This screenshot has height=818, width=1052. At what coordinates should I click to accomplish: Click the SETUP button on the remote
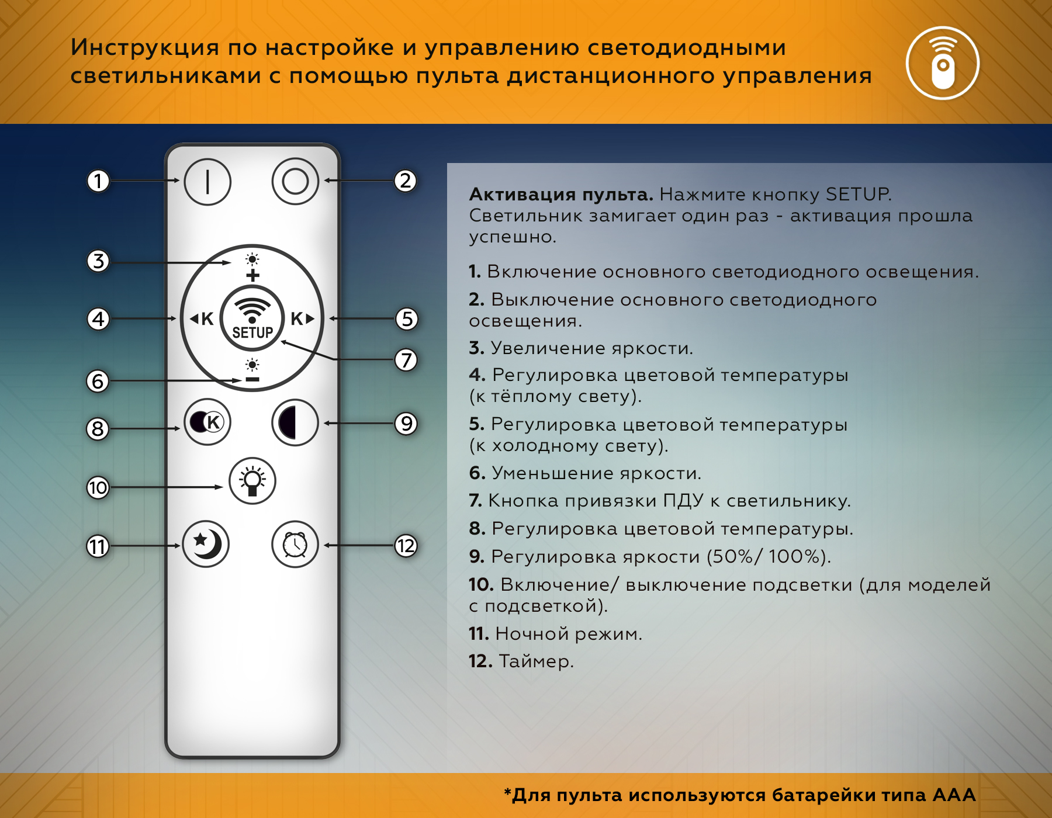252,318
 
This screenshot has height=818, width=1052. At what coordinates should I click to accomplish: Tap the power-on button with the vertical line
207,182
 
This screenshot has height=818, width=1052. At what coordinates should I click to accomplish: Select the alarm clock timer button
295,545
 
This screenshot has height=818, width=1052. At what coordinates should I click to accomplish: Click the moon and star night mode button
206,545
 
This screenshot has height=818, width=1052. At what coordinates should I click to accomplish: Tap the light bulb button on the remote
252,481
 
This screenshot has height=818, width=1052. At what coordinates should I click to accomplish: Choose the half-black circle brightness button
295,422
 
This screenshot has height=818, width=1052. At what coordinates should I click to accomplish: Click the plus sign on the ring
252,275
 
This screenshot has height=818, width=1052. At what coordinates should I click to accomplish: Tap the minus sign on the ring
252,380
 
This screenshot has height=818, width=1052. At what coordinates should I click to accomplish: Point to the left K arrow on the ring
202,318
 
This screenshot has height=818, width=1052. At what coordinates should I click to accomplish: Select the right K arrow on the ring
302,318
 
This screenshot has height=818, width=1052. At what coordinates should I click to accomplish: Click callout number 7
406,360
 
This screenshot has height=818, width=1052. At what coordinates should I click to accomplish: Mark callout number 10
98,487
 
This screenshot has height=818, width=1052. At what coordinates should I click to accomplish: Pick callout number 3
98,261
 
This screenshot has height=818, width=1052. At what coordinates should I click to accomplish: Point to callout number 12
406,546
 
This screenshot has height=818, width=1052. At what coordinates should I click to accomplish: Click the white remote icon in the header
942,63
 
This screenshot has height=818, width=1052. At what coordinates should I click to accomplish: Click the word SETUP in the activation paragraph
858,194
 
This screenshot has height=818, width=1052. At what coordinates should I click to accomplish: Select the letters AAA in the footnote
954,795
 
